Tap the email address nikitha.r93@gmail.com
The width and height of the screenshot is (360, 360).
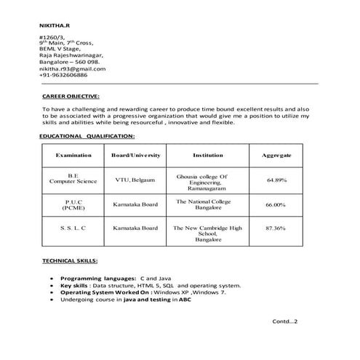pos(72,69)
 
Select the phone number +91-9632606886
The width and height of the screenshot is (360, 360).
pos(63,76)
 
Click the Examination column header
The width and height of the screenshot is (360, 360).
pos(73,156)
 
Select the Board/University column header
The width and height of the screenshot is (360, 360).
pos(135,156)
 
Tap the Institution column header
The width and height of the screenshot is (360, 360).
pos(207,156)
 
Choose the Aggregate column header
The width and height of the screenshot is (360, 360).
pos(276,156)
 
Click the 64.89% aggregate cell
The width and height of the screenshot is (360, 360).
pos(276,179)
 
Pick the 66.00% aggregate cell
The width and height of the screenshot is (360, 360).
pos(276,205)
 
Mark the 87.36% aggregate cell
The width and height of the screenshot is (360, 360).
pos(276,228)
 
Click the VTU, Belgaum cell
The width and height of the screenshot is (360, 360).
pos(135,179)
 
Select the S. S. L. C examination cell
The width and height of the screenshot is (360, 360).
pos(73,228)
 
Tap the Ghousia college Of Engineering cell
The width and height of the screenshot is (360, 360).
pos(207,180)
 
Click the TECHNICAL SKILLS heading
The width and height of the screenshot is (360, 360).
pos(70,260)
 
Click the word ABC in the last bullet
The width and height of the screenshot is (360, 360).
pos(185,300)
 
